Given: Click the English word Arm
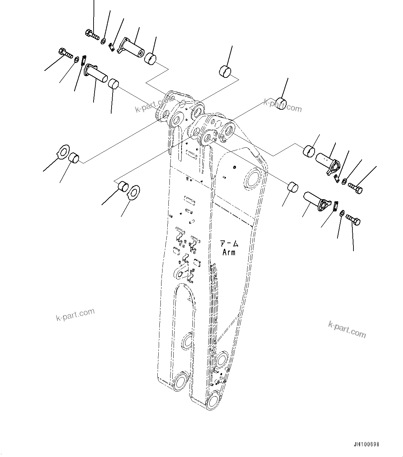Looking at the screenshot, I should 229,252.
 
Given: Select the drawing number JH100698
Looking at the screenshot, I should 366,444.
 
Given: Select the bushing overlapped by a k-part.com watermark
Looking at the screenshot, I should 281,103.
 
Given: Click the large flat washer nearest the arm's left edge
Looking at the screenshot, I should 133,192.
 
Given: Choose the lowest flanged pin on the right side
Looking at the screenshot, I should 315,202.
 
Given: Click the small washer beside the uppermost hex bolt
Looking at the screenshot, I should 103,42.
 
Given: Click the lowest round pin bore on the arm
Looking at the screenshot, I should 213,401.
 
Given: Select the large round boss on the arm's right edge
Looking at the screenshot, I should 253,179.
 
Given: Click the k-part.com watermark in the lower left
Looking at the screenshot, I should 75,314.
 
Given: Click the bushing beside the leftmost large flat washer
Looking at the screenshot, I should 74,158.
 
